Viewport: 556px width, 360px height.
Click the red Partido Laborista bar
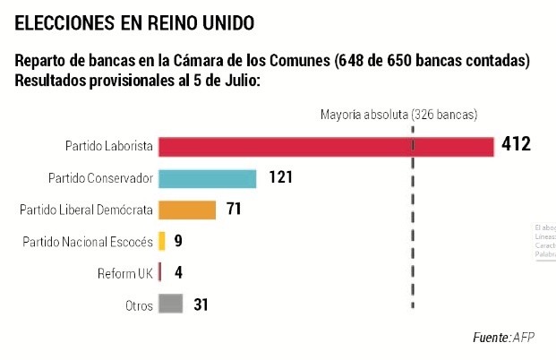point(326,146)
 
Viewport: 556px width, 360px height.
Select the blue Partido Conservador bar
point(207,177)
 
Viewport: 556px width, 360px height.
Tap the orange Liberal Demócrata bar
point(187,210)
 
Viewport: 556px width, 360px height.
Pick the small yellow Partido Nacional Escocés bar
point(162,241)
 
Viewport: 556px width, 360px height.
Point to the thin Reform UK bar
point(159,272)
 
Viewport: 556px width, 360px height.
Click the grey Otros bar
point(171,304)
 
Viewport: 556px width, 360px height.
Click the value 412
point(517,145)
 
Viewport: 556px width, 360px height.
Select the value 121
point(280,177)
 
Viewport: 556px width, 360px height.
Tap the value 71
point(235,210)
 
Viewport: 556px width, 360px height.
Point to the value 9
point(179,241)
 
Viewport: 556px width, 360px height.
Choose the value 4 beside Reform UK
point(179,272)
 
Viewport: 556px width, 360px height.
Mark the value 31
point(201,304)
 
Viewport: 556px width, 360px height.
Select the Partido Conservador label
point(99,178)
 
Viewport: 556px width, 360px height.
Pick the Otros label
point(138,305)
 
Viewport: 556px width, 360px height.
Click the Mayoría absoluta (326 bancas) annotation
point(398,115)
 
